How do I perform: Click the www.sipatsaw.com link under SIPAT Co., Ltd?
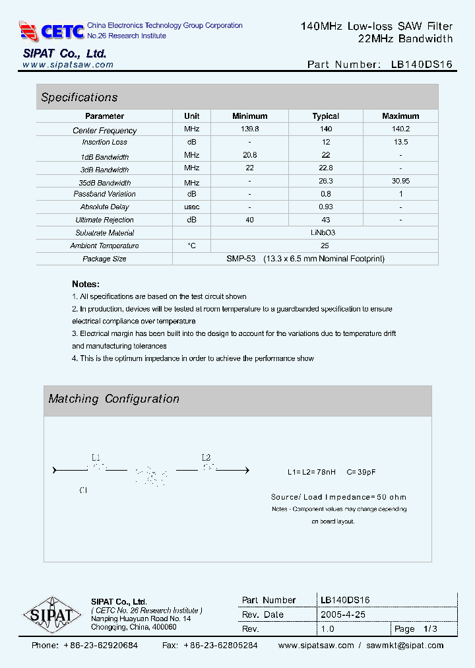tap(68, 65)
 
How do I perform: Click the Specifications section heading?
tap(79, 98)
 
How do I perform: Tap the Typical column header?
tap(325, 116)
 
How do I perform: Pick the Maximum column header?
tap(400, 116)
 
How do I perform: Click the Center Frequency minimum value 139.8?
tap(250, 129)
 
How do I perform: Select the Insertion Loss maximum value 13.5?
tap(400, 142)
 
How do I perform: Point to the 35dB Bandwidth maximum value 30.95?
tap(400, 182)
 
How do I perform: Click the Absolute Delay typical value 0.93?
tap(325, 207)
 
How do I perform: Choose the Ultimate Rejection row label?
tap(104, 220)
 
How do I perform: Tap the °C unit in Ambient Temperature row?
tap(191, 246)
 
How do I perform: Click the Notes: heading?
tap(86, 284)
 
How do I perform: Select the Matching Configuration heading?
tap(113, 399)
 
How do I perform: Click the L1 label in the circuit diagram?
tap(96, 457)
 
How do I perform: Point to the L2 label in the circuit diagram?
tap(206, 457)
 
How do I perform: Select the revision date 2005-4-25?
tap(343, 615)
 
